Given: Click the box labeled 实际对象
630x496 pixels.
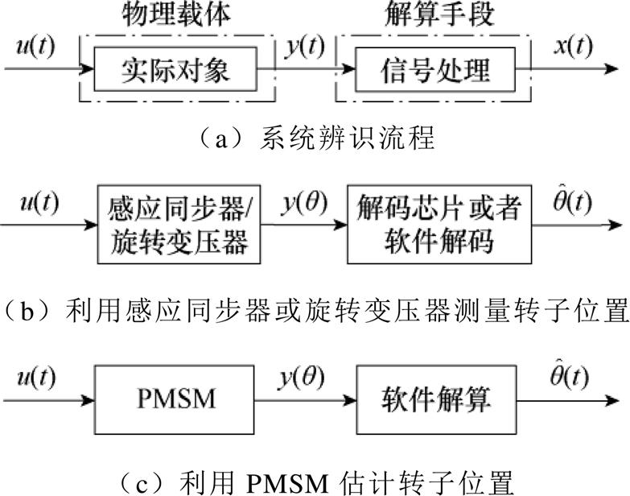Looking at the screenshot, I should (175, 70).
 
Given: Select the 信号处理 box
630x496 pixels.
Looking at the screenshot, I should (434, 70).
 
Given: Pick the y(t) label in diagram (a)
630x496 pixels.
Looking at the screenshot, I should (305, 48).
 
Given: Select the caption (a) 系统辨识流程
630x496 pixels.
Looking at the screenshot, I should (315, 138).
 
